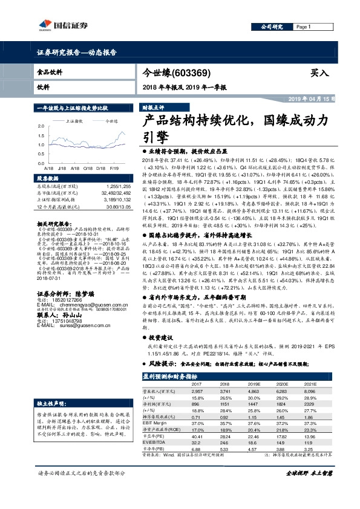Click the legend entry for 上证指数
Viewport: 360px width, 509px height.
click(x=74, y=121)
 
